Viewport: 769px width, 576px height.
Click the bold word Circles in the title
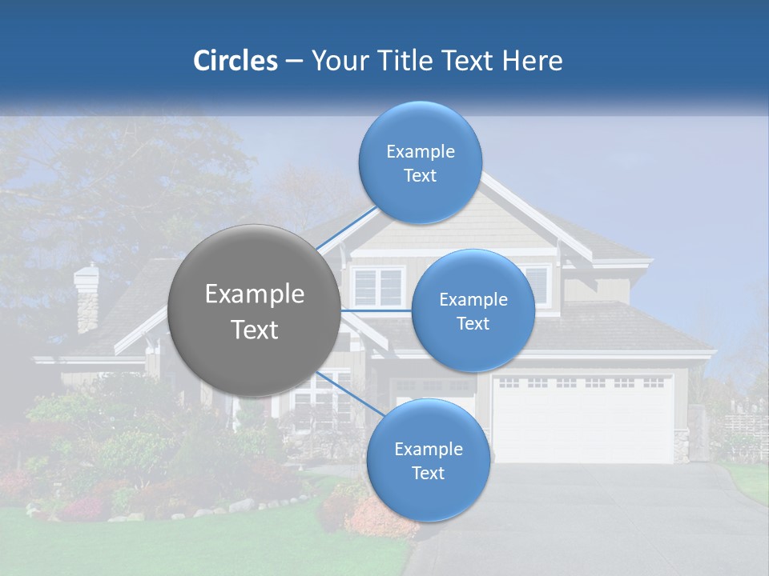click(x=235, y=61)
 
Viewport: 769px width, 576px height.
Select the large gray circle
click(x=254, y=310)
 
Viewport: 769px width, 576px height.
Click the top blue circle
click(x=421, y=162)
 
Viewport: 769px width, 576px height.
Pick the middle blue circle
click(x=473, y=310)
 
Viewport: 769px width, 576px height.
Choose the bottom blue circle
click(x=427, y=460)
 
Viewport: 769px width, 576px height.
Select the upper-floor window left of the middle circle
click(x=378, y=287)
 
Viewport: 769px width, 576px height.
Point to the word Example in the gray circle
click(x=254, y=294)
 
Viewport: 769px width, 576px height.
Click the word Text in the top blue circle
click(x=421, y=176)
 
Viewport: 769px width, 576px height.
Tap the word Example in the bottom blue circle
click(x=428, y=449)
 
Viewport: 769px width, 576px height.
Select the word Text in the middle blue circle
click(x=473, y=323)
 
